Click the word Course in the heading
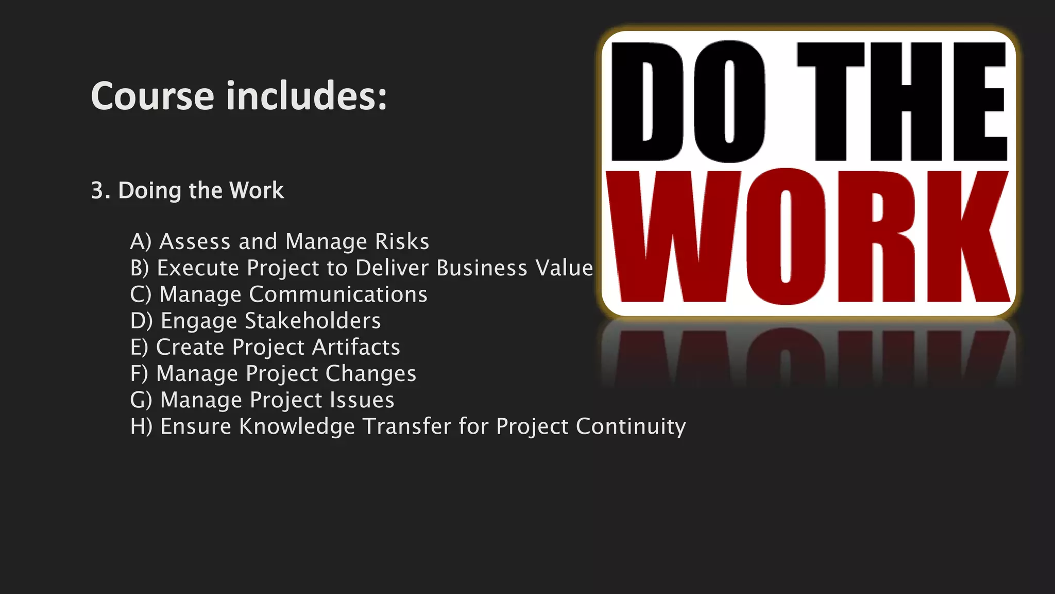coord(152,96)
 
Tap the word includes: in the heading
coord(307,96)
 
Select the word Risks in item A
coord(402,242)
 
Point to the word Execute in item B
coord(198,268)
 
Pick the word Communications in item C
coord(338,295)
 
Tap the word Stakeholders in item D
coord(313,321)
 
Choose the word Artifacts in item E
coord(356,348)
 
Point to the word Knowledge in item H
coord(297,427)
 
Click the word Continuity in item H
coord(631,427)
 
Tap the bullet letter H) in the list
coord(141,427)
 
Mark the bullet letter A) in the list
coord(141,242)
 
